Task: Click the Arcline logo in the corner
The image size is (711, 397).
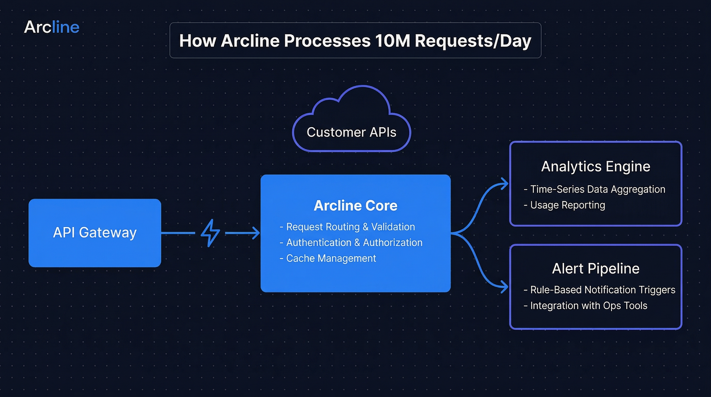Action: [52, 27]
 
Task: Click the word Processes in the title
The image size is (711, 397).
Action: [327, 41]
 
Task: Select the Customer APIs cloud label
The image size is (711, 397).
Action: [351, 132]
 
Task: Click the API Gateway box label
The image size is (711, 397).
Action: [95, 232]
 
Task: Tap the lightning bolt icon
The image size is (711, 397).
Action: [210, 233]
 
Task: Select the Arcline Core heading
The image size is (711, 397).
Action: [355, 205]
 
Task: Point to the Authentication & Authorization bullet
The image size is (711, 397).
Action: [354, 242]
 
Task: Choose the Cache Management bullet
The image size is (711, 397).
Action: [331, 258]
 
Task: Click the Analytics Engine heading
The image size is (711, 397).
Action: [596, 166]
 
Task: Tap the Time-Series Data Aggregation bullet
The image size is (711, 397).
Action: [597, 189]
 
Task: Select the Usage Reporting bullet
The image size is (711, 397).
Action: [567, 205]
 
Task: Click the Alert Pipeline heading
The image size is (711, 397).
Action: [596, 268]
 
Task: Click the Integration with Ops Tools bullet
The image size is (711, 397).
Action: [589, 305]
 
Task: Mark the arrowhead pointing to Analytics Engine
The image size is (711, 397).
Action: [505, 184]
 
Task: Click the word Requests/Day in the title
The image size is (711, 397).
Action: [473, 41]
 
